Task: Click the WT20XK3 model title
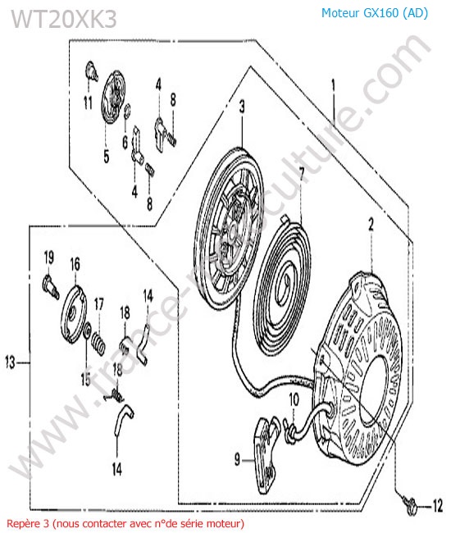[x=64, y=19]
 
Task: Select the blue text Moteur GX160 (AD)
[x=375, y=13]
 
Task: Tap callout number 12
[x=437, y=505]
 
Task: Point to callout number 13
[x=11, y=362]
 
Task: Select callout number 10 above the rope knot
[x=294, y=400]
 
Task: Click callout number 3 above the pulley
[x=242, y=107]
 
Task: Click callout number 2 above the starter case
[x=371, y=225]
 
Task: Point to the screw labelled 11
[x=91, y=71]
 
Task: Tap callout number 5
[x=107, y=157]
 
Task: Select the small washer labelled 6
[x=128, y=111]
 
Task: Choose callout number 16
[x=75, y=265]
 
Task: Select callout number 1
[x=334, y=85]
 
